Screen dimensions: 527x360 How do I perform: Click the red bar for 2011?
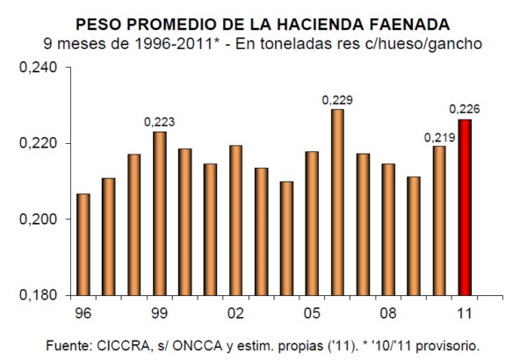tap(466, 207)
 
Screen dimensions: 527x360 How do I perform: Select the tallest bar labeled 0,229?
tap(337, 202)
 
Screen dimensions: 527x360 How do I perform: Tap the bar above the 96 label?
tap(83, 245)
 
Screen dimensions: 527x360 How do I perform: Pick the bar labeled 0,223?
tap(160, 213)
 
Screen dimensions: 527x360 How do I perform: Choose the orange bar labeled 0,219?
tap(439, 221)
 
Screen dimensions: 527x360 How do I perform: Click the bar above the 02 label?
tap(235, 220)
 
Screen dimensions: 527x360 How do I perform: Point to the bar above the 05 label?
tap(312, 224)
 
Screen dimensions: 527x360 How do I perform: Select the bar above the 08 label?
tap(388, 229)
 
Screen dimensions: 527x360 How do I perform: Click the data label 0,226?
tap(465, 109)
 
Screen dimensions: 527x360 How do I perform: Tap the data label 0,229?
tap(337, 100)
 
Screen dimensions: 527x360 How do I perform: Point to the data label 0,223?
tap(160, 122)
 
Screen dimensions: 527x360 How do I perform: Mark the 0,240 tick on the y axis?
tap(38, 68)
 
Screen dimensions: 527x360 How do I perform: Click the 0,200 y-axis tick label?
tap(38, 220)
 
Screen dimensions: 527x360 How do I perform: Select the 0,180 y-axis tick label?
tap(38, 295)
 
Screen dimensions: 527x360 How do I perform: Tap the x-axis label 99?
tap(159, 313)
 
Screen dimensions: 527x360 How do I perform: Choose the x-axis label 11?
tap(465, 313)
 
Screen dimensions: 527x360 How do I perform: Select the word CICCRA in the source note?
tap(122, 346)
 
